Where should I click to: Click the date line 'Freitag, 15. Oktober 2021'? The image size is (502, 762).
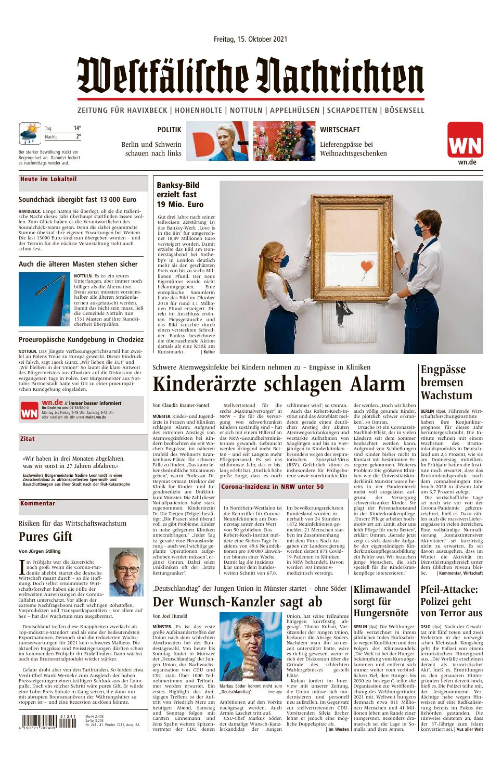[x=251, y=39]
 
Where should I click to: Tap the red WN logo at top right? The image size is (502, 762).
[x=465, y=139]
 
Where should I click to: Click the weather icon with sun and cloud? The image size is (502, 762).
[x=30, y=133]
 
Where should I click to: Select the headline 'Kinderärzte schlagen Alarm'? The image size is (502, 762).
[x=278, y=385]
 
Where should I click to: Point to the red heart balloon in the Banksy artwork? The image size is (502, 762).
[x=367, y=266]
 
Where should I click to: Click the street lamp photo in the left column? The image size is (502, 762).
[x=44, y=298]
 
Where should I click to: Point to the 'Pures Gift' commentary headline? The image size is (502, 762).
[x=45, y=537]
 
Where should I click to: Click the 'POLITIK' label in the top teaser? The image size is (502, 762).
[x=169, y=130]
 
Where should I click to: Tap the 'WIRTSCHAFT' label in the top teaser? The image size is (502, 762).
[x=340, y=130]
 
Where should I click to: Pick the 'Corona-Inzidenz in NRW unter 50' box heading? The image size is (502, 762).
[x=273, y=487]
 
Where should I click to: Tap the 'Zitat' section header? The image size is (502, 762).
[x=28, y=439]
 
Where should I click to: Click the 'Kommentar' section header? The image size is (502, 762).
[x=37, y=503]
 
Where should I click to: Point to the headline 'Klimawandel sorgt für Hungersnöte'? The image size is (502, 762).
[x=381, y=601]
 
